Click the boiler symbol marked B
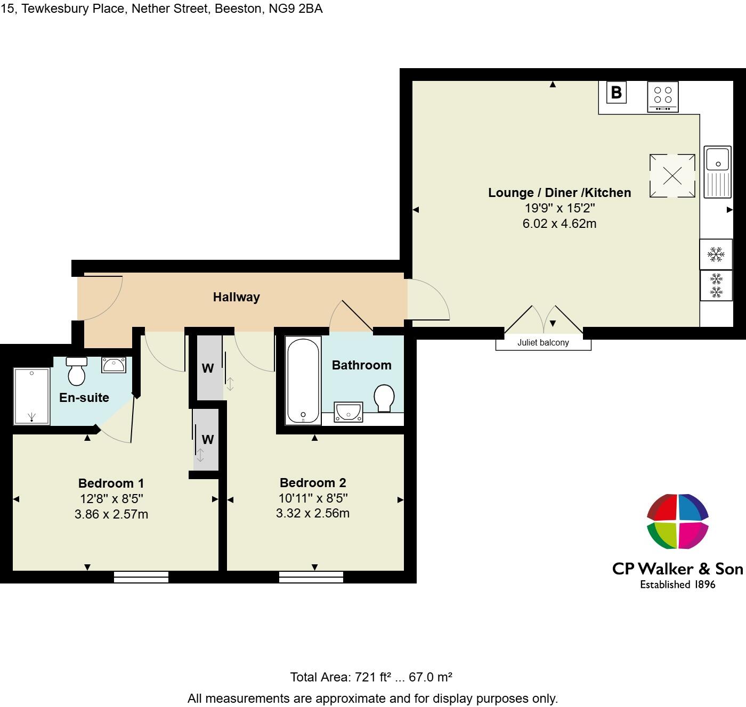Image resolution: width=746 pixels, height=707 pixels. [x=616, y=93]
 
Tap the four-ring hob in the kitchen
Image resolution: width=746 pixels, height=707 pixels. [x=663, y=96]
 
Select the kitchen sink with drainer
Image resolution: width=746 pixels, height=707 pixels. [x=718, y=171]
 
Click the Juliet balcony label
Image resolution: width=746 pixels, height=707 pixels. [x=543, y=343]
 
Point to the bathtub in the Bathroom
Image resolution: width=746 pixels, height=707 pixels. [x=303, y=380]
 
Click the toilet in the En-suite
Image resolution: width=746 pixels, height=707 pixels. [x=77, y=371]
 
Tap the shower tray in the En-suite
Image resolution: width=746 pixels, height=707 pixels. [x=32, y=396]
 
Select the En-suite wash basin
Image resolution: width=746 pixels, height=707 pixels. [x=113, y=365]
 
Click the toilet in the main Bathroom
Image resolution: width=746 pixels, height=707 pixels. [x=384, y=398]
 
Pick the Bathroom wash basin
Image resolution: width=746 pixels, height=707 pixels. [x=348, y=412]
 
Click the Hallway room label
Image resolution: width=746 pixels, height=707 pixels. [x=236, y=297]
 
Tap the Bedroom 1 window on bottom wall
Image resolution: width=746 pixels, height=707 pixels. [x=141, y=577]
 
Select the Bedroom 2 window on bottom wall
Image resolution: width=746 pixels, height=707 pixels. [x=311, y=577]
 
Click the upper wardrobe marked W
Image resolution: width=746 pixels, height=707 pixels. [x=208, y=368]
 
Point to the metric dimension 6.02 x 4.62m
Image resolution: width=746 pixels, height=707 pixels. [x=559, y=224]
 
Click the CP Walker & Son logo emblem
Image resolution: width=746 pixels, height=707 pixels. [x=677, y=521]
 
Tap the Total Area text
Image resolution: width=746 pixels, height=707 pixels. [x=371, y=677]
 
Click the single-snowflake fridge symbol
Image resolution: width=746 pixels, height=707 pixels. [x=716, y=254]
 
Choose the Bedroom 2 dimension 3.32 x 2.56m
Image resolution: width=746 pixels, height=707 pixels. [x=312, y=513]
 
